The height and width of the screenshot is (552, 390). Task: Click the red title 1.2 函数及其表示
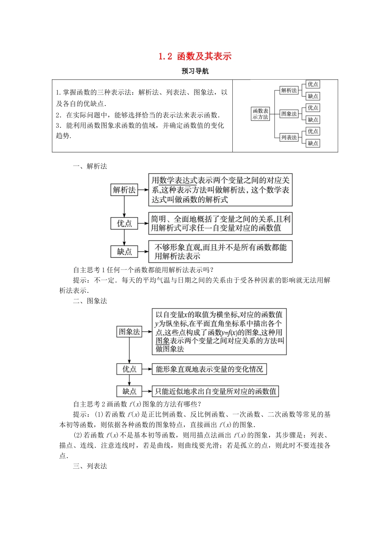pyautogui.click(x=195, y=56)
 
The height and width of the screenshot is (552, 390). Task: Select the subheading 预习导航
pyautogui.click(x=195, y=71)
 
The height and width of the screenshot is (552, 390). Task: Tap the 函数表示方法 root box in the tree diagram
pyautogui.click(x=260, y=114)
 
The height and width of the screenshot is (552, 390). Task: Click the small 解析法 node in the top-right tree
pyautogui.click(x=289, y=90)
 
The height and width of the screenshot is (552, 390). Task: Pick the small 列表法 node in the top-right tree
pyautogui.click(x=289, y=138)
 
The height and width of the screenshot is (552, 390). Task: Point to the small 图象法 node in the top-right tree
pyautogui.click(x=289, y=114)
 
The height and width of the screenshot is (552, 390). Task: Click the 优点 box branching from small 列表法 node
pyautogui.click(x=313, y=131)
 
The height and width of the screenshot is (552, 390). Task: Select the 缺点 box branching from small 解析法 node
pyautogui.click(x=313, y=96)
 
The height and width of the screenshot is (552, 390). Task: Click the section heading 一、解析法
pyautogui.click(x=90, y=166)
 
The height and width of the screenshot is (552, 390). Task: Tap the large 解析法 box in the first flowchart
pyautogui.click(x=124, y=190)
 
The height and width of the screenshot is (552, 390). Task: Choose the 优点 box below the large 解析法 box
pyautogui.click(x=124, y=223)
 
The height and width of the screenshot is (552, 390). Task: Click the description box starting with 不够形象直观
pyautogui.click(x=220, y=252)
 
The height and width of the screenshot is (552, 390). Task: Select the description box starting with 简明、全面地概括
pyautogui.click(x=220, y=223)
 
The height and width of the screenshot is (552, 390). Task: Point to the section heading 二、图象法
pyautogui.click(x=90, y=301)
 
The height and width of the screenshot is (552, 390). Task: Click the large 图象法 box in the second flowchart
pyautogui.click(x=129, y=332)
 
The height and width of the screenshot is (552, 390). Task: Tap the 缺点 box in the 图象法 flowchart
pyautogui.click(x=129, y=391)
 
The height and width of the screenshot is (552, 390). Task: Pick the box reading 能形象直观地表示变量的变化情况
pyautogui.click(x=209, y=369)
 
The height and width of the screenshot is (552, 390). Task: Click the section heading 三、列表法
pyautogui.click(x=90, y=466)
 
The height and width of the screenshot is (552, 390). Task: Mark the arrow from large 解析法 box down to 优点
pyautogui.click(x=124, y=207)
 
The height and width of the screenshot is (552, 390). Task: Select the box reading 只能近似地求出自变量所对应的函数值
pyautogui.click(x=216, y=391)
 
